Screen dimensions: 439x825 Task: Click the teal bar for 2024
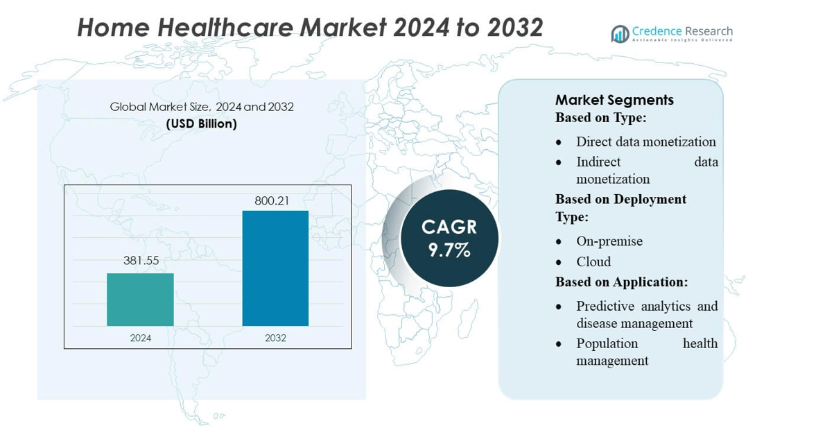140,300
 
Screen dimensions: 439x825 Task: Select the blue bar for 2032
275,268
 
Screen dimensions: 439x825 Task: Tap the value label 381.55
140,261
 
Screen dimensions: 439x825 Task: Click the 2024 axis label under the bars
140,338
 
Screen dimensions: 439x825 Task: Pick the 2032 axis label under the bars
275,338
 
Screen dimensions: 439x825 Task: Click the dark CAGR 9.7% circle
449,239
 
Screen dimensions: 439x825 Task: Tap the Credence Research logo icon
620,34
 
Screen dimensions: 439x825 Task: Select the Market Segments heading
614,100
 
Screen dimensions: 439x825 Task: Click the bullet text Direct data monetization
645,142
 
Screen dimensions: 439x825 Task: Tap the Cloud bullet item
593,261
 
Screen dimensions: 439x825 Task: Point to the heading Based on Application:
621,282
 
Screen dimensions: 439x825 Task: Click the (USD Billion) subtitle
202,124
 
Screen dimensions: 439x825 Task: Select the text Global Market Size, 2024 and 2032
202,107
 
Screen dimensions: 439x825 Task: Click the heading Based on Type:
600,118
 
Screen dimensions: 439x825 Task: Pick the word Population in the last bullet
607,343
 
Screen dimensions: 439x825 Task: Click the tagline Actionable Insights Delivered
681,40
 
